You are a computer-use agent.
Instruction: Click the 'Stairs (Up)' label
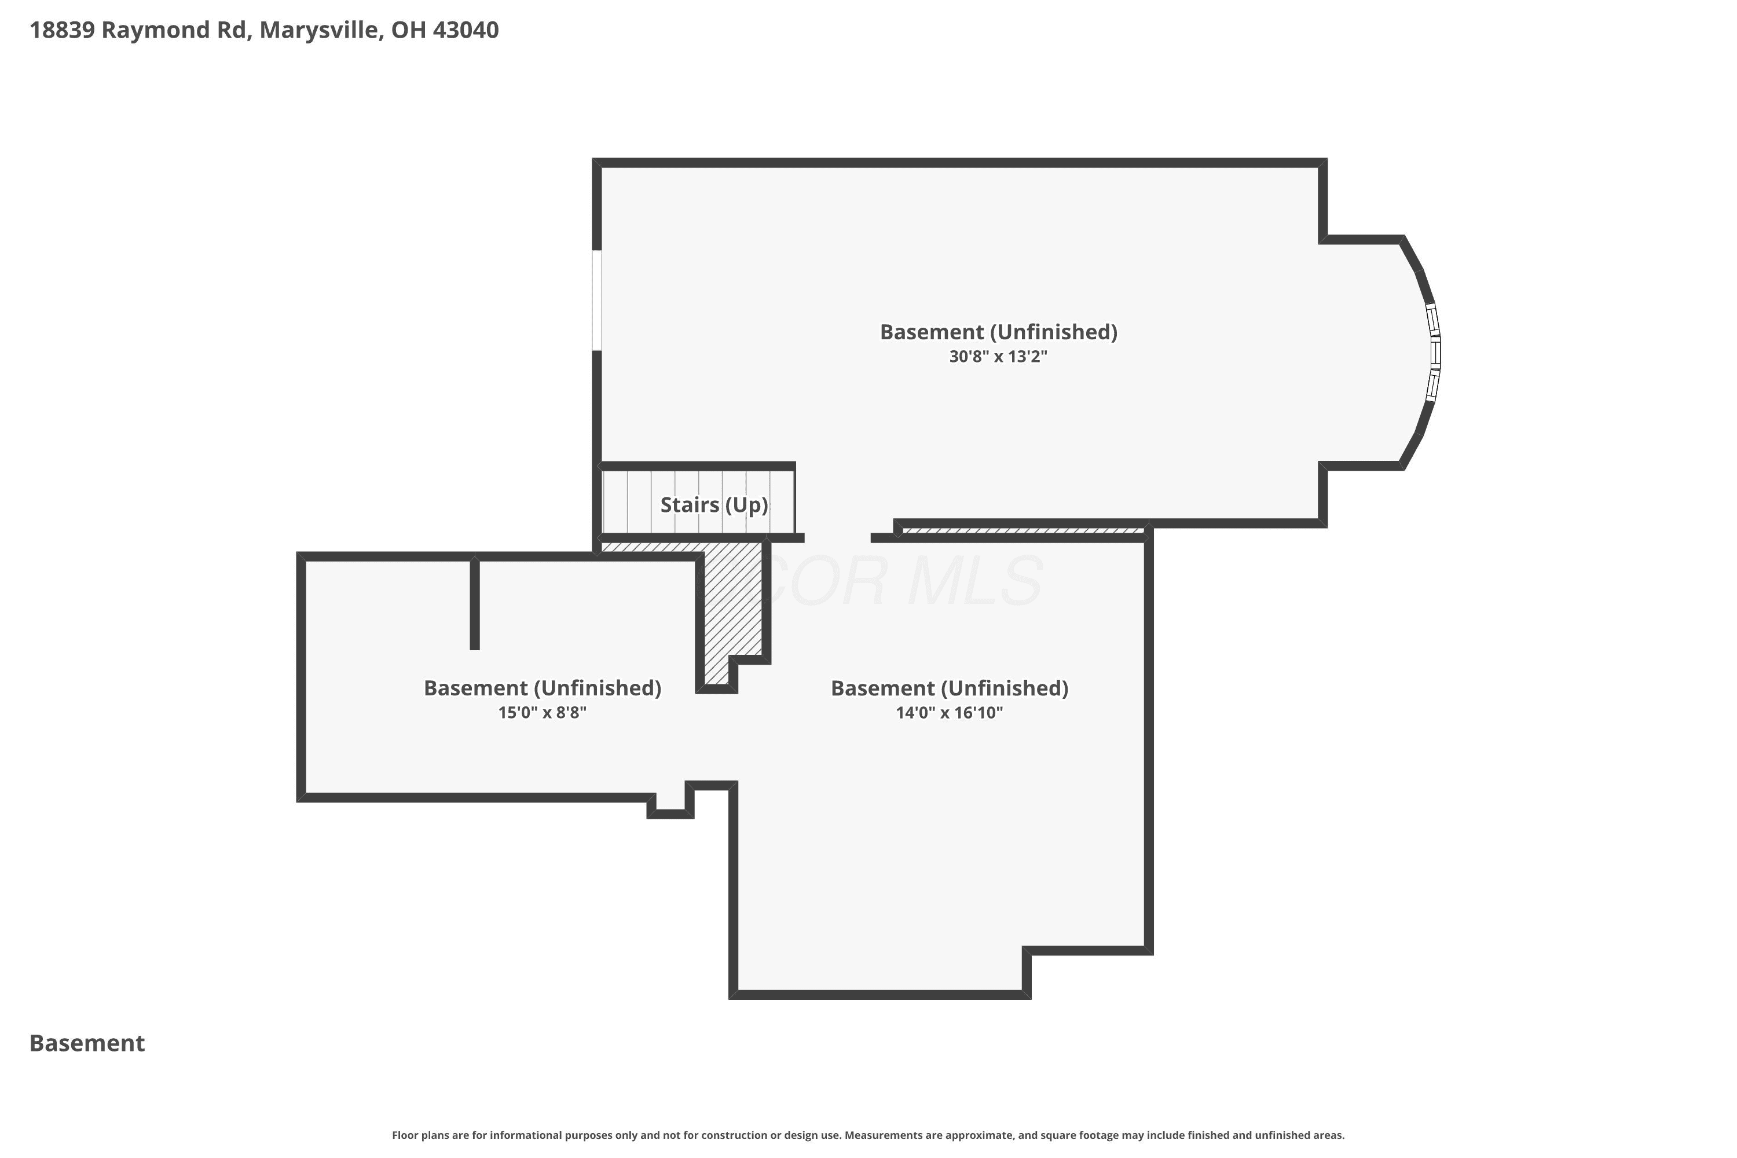point(714,505)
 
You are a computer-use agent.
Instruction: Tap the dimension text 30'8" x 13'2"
point(998,357)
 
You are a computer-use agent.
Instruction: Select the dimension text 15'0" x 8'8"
point(542,713)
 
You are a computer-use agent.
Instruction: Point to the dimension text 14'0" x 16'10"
point(950,713)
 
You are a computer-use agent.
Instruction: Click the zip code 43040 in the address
point(466,30)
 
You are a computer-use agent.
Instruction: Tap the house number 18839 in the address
point(62,30)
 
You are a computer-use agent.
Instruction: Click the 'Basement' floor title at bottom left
point(87,1043)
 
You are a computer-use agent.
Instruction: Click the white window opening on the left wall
point(597,300)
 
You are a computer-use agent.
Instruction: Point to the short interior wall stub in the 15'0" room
point(475,603)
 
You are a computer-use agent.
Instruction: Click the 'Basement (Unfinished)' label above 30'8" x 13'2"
point(998,332)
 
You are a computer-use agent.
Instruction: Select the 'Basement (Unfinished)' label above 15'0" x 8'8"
point(542,688)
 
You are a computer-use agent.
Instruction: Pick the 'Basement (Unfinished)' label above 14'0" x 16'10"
point(950,688)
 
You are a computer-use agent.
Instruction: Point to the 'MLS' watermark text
point(975,581)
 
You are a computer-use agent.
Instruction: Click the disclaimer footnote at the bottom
point(868,1135)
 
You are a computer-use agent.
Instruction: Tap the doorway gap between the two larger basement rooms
point(837,538)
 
